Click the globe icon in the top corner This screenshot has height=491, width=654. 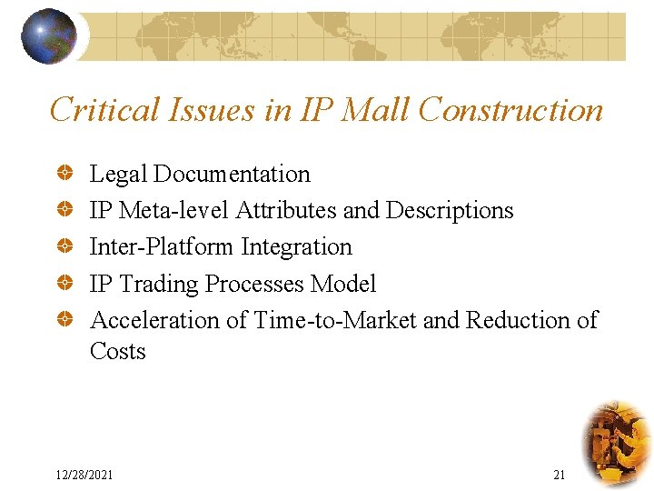coord(49,36)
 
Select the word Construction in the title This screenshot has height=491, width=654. coord(511,110)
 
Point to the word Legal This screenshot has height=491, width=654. coord(119,174)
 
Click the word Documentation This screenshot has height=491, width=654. coord(233,174)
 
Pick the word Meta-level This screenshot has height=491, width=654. coord(175,210)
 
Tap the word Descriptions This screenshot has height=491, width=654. coord(450,210)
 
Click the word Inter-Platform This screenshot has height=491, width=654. coord(163,246)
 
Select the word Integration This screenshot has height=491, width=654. coord(297,246)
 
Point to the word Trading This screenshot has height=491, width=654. coord(159,284)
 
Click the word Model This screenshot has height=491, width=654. coord(343,284)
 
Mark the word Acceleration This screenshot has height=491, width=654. coord(155,320)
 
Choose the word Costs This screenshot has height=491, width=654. coord(118,351)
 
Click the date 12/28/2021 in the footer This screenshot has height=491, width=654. coord(84,476)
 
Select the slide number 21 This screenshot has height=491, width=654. coord(559,476)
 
